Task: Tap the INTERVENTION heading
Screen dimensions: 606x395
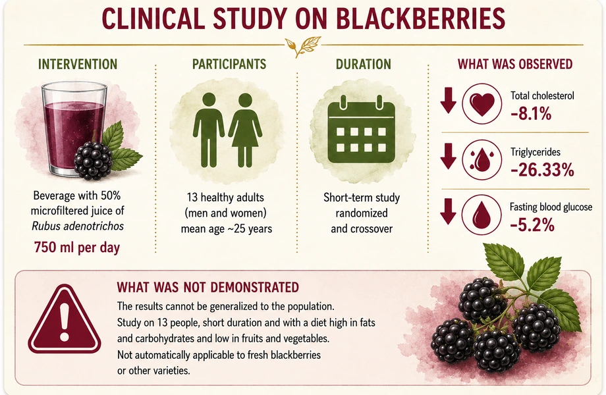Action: [x=78, y=64]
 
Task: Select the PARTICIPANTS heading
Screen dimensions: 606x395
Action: [x=229, y=64]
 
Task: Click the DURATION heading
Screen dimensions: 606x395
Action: [x=364, y=64]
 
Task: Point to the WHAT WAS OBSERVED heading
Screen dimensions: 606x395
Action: [x=515, y=64]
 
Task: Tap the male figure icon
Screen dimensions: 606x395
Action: [x=209, y=130]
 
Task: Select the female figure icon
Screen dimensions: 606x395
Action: [x=245, y=130]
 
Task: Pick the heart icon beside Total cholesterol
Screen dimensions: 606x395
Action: [x=482, y=103]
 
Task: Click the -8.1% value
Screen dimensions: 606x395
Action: [x=531, y=114]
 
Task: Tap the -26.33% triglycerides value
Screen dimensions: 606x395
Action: [x=542, y=170]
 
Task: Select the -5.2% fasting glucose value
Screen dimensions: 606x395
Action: [x=532, y=224]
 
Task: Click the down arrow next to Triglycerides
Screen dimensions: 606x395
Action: [x=449, y=157]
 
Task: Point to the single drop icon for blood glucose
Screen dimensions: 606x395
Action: [x=482, y=215]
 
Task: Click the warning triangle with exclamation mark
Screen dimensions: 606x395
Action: [x=65, y=319]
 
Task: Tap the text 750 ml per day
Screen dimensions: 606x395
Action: [x=77, y=247]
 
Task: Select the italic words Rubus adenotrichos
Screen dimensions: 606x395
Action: [x=78, y=226]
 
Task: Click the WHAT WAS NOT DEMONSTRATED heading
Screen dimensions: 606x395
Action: [x=208, y=287]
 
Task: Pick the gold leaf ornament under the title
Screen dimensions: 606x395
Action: [x=303, y=45]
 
